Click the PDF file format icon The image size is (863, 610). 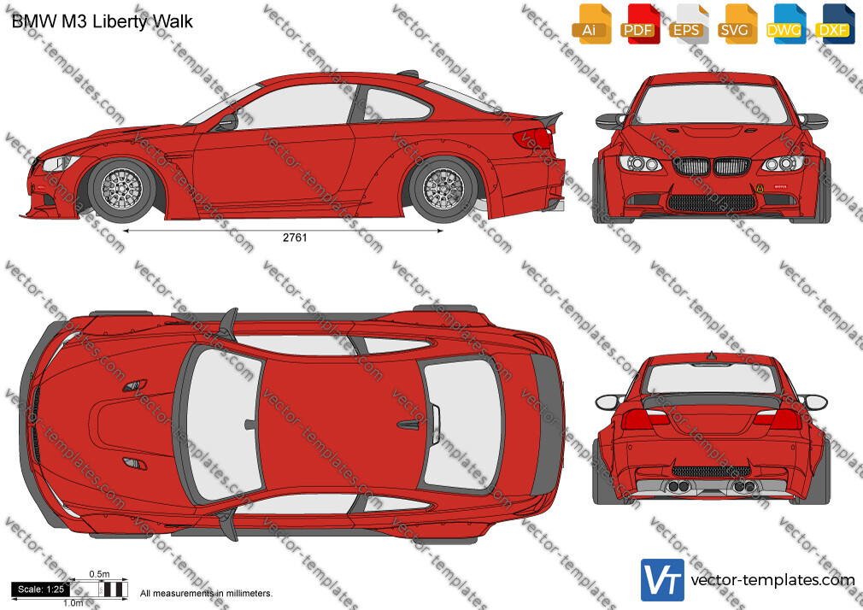(639, 24)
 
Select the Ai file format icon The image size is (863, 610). (591, 24)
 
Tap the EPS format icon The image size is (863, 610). (688, 24)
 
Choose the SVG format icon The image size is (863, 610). (737, 24)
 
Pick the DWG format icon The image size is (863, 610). (785, 24)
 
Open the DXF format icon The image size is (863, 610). (834, 24)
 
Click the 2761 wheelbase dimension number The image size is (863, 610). (295, 238)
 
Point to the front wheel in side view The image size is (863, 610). (121, 189)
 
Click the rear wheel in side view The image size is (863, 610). (443, 189)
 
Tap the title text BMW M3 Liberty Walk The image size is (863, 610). (103, 21)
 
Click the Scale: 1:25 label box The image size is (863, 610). (41, 589)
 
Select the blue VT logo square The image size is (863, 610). (662, 580)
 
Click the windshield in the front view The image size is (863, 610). (711, 104)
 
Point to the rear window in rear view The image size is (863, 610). (711, 378)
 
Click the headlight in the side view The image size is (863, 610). (61, 163)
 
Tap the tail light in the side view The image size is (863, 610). (533, 138)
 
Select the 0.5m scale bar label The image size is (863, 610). (100, 574)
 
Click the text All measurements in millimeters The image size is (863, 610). (206, 594)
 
